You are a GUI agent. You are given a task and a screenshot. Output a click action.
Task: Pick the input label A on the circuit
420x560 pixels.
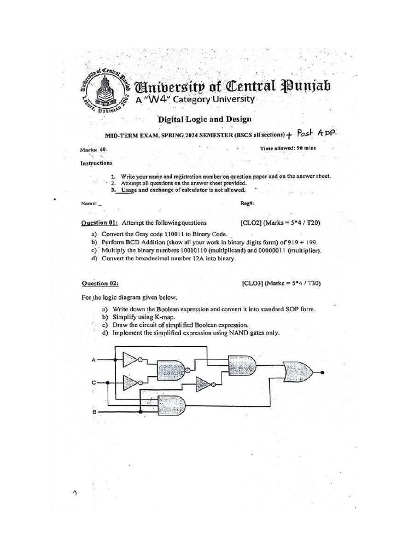94,359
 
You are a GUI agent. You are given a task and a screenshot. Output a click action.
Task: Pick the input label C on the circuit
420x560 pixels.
94,383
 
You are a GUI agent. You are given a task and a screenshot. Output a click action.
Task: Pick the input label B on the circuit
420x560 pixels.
94,411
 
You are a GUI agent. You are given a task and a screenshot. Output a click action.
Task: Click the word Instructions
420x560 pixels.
96,162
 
